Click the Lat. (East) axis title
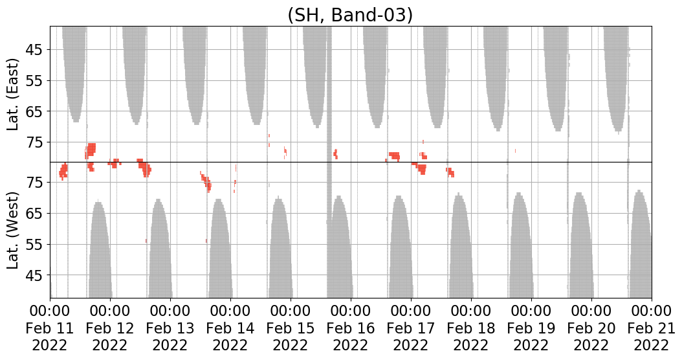coord(14,95)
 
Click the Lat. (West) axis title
coord(14,229)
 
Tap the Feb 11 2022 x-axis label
coord(50,328)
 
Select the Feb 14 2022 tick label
coord(230,328)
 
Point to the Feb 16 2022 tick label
coord(351,328)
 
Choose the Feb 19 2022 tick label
coord(531,328)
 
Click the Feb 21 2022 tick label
coord(651,328)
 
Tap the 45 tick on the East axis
coord(36,50)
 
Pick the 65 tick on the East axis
coord(36,112)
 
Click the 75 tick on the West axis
coord(36,183)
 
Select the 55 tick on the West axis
coord(36,245)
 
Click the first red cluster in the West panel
coord(63,171)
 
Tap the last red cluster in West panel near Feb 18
coord(450,172)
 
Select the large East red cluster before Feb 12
coord(91,151)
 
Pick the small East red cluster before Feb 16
coord(335,153)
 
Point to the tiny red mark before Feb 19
coord(516,151)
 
